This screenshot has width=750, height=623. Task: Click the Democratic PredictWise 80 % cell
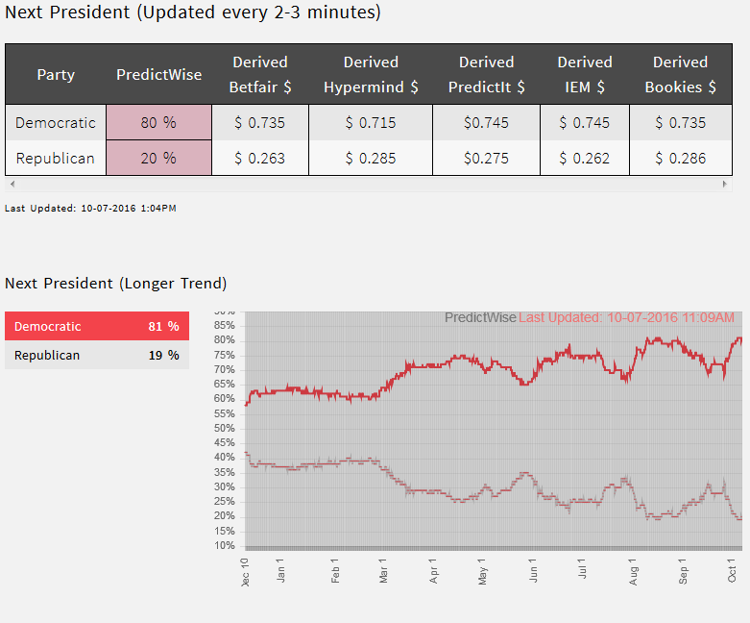158,123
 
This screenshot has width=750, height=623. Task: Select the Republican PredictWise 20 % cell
158,159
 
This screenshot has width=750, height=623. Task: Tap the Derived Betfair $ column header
259,74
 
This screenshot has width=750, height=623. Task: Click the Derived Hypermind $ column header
371,74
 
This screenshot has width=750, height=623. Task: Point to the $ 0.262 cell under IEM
584,159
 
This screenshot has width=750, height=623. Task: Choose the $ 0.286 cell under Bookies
680,159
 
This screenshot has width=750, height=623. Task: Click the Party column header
56,74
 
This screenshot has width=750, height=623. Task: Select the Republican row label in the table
56,159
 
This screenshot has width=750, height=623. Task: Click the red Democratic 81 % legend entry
96,327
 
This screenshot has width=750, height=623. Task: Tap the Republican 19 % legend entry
96,356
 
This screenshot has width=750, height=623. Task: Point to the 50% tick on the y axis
224,428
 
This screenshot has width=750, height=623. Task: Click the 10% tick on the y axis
224,545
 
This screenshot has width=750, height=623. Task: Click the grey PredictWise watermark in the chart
480,318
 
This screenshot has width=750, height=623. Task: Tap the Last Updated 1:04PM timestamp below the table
90,208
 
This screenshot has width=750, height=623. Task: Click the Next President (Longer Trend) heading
115,284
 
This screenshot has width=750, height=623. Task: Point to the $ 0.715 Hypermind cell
371,123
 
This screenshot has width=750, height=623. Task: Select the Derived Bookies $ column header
680,74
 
